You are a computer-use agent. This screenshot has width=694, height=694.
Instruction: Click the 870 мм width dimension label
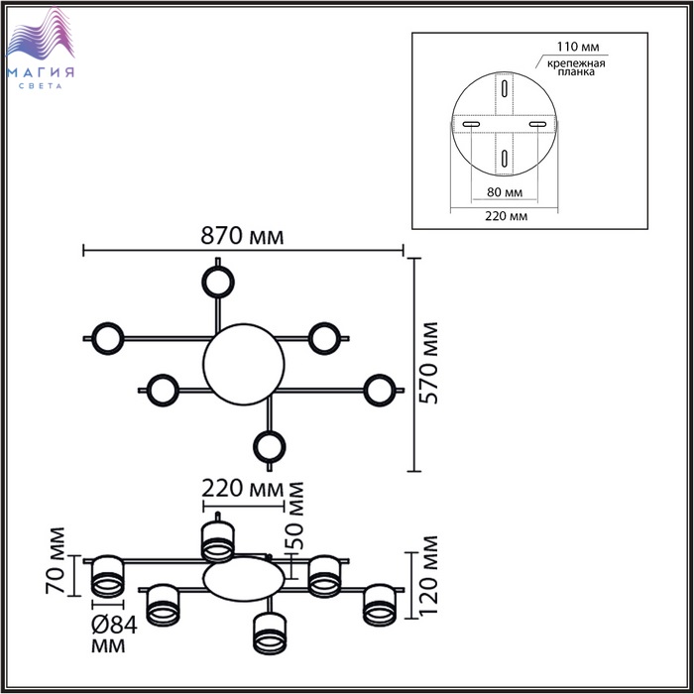[243, 237]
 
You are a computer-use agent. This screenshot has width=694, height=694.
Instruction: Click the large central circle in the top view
[241, 364]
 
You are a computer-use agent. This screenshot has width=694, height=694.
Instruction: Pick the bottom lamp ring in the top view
[269, 448]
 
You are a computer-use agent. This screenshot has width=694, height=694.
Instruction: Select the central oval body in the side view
[241, 579]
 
